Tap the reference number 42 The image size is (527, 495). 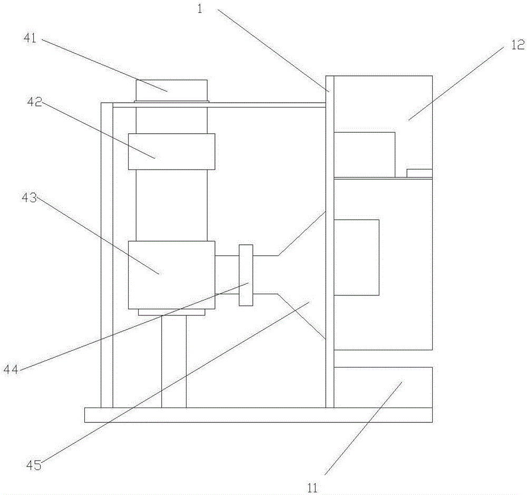(x=34, y=102)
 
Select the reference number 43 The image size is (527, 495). (x=29, y=197)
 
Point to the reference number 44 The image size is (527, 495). (x=11, y=370)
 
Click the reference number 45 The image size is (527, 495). (x=34, y=465)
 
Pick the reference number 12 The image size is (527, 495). (x=518, y=45)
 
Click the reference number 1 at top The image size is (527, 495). (x=200, y=9)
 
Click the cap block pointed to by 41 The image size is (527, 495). (x=171, y=90)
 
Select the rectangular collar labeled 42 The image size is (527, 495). (x=171, y=152)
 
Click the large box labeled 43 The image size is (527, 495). (x=171, y=275)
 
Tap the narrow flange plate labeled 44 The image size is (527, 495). (x=246, y=275)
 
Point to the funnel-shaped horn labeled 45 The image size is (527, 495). (x=301, y=275)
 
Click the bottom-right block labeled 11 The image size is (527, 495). (x=383, y=387)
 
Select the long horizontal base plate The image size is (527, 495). (x=258, y=415)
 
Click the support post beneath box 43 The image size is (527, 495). (x=174, y=362)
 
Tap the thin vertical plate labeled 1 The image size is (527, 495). (x=330, y=242)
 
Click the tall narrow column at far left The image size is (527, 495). (x=107, y=255)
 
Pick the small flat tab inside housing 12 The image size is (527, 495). (x=419, y=173)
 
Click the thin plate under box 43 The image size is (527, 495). (x=171, y=312)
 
